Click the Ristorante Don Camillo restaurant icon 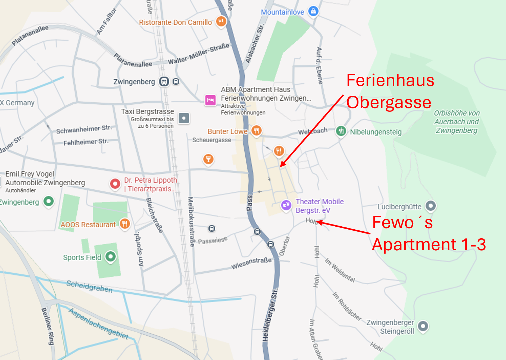[221, 21]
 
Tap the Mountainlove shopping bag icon [313, 11]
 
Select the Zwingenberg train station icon [164, 81]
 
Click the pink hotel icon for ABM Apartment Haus [210, 100]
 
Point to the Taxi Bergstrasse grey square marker [184, 118]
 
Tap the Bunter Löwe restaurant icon [256, 130]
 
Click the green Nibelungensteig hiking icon [341, 131]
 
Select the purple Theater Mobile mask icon [286, 205]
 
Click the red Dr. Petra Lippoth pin [115, 184]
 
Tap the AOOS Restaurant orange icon [125, 224]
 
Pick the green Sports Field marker [110, 256]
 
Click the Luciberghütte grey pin [431, 205]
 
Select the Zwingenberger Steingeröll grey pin [423, 326]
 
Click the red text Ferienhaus [390, 80]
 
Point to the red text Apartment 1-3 [429, 245]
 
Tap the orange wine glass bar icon [208, 159]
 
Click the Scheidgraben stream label [89, 286]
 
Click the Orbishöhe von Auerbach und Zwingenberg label [456, 122]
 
